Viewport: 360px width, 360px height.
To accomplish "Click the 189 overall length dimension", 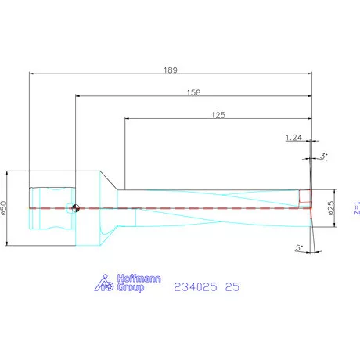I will click(x=171, y=70).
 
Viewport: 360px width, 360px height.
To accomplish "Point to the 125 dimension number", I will click(x=218, y=115).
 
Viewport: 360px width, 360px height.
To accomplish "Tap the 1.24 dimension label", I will click(x=293, y=138).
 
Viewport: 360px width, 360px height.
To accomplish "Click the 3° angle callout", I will click(x=324, y=157).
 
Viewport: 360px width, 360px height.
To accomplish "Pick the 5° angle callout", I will click(x=299, y=248).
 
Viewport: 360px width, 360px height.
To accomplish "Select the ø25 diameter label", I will click(x=331, y=208).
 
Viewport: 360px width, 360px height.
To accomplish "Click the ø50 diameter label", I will click(x=4, y=208).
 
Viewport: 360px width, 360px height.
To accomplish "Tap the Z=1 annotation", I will click(x=356, y=208).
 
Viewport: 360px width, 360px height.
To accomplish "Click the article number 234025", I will click(x=195, y=287).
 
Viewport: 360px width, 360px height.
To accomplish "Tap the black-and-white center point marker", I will click(x=75, y=208).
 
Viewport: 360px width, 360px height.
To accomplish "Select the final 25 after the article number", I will click(x=232, y=287).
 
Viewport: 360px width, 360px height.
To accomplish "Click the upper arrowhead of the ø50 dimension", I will click(x=8, y=175).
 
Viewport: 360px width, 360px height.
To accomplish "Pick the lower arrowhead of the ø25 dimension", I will click(x=337, y=225).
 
